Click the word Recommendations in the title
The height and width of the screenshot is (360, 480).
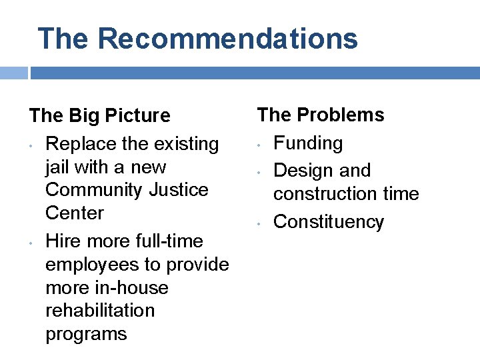(228, 39)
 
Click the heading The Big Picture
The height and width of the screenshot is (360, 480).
(100, 116)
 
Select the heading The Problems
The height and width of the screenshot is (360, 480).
(321, 115)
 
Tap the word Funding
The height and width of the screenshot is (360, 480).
(308, 143)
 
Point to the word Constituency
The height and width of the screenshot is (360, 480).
(329, 221)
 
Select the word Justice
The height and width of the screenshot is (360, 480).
(179, 190)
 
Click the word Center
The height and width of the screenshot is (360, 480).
(75, 213)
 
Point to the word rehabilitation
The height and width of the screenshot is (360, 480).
(100, 311)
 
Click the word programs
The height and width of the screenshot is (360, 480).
(86, 334)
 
